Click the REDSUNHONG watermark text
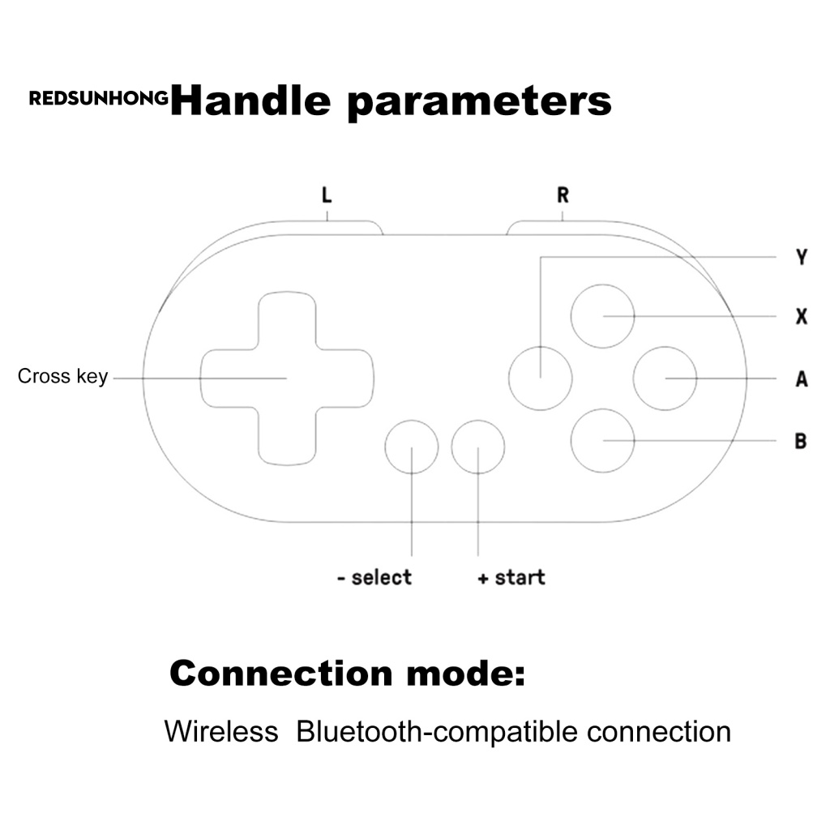click(x=99, y=99)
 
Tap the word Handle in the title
click(x=250, y=101)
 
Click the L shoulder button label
click(x=327, y=195)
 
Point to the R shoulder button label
click(x=563, y=195)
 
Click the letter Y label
click(x=802, y=258)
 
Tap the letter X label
click(x=802, y=316)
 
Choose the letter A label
click(x=802, y=379)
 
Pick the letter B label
click(x=801, y=442)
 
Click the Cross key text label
click(x=62, y=377)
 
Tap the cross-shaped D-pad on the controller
click(x=287, y=379)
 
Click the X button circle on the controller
click(x=602, y=315)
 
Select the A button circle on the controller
click(x=665, y=379)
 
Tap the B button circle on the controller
click(x=602, y=441)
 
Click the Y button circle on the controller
click(x=540, y=378)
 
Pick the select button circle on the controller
click(x=412, y=447)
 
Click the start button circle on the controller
click(x=478, y=447)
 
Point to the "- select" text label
click(x=374, y=577)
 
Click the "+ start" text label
click(x=511, y=577)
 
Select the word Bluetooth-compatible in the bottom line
click(x=437, y=731)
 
